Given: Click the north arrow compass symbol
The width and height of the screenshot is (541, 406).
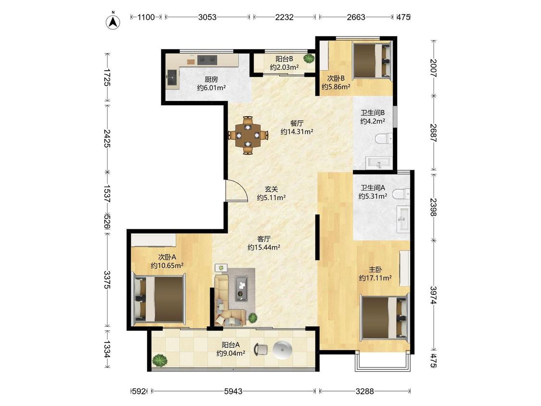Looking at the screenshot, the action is pyautogui.click(x=113, y=21).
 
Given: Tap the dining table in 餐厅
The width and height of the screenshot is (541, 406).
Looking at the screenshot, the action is pyautogui.click(x=247, y=135).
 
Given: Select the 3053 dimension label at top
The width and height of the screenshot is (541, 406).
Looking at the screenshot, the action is pyautogui.click(x=207, y=17).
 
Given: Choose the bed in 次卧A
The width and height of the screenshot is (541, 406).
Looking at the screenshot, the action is pyautogui.click(x=159, y=299).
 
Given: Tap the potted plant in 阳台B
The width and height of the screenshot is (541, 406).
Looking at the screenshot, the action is pyautogui.click(x=308, y=58).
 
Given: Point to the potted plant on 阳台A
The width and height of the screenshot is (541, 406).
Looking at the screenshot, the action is pyautogui.click(x=160, y=361).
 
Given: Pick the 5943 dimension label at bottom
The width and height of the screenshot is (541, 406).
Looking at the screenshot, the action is pyautogui.click(x=233, y=391).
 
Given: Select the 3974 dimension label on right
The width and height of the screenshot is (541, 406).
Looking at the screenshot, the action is pyautogui.click(x=434, y=295).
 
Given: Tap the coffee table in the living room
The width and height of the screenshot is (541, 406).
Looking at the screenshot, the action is pyautogui.click(x=241, y=288).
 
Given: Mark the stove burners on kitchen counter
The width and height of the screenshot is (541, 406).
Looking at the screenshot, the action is pyautogui.click(x=207, y=60).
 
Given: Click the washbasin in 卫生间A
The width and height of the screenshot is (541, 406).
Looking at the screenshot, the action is pyautogui.click(x=403, y=219).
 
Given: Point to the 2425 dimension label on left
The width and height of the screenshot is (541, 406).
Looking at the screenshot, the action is pyautogui.click(x=107, y=139).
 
